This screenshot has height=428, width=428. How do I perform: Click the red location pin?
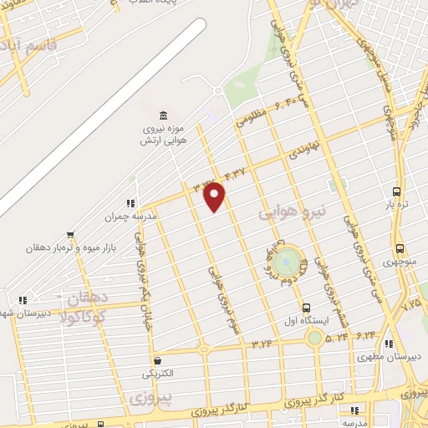(x=215, y=196)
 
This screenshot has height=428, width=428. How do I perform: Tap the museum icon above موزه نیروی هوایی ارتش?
(x=162, y=113)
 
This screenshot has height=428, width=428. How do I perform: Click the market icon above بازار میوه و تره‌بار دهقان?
(x=70, y=235)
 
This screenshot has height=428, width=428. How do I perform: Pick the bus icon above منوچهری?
(x=400, y=248)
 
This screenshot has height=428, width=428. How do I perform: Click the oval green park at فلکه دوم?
(x=285, y=259)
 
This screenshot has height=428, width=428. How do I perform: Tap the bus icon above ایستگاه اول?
(x=307, y=308)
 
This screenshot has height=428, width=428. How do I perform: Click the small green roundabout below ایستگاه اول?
(x=314, y=338)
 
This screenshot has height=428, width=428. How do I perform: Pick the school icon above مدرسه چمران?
(x=130, y=202)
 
